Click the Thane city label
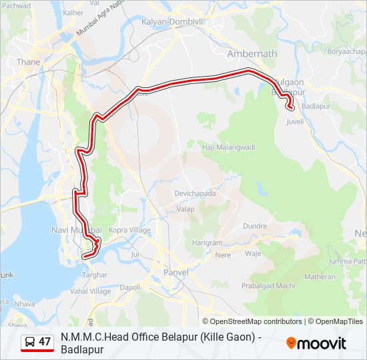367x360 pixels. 28,62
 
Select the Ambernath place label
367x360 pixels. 252,53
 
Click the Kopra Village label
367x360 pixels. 130,230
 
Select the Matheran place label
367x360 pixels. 320,277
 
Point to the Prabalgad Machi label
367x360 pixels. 268,286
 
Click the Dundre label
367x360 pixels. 254,226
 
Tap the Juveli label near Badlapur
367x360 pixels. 295,122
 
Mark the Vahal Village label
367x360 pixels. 91,291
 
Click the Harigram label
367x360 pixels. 208,243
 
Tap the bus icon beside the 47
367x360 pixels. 30,342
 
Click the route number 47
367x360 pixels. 45,342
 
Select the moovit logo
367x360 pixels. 316,343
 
